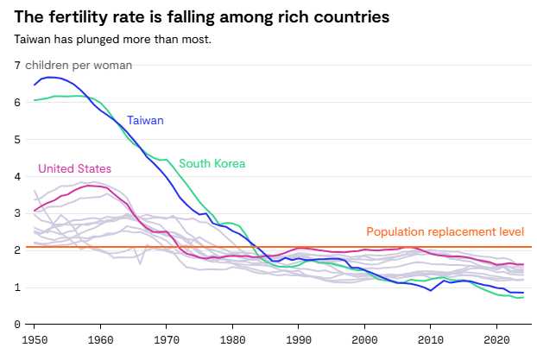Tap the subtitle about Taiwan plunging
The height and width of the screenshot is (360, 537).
coord(113,39)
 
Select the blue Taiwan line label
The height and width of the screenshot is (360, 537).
coord(145,121)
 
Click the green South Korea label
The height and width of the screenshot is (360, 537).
coord(212,163)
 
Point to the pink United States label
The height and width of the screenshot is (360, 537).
coord(74,168)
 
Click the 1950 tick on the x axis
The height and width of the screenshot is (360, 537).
coord(35,339)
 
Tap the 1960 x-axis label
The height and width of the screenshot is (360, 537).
coord(101,339)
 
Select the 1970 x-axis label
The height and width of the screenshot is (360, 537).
coord(167,339)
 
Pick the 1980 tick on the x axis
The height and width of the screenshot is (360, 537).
coord(233,339)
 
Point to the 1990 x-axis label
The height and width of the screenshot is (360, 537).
coord(300,339)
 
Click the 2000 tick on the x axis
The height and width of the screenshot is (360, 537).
coord(366,339)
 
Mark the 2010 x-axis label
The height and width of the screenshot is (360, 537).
coord(433,339)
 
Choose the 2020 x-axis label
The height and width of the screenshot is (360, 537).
coord(498,339)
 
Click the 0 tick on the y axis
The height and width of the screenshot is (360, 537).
coord(17,325)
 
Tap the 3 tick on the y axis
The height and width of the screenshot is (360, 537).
coord(17,213)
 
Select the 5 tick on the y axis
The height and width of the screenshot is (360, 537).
coord(17,139)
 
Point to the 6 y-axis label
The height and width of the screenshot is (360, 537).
coord(17,102)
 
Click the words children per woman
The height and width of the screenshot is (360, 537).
coord(79,66)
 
